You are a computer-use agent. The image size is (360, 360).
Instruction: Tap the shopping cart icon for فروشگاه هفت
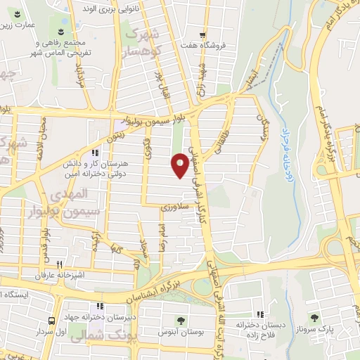pyautogui.click(x=202, y=35)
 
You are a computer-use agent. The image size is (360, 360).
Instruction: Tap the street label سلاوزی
pyautogui.click(x=173, y=207)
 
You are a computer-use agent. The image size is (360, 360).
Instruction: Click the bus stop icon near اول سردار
pyautogui.click(x=51, y=321)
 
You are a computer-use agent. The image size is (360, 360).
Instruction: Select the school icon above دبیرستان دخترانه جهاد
pyautogui.click(x=101, y=307)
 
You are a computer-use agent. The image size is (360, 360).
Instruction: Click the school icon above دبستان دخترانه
pyautogui.click(x=261, y=314)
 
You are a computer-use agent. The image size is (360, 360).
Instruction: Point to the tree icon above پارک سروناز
pyautogui.click(x=314, y=318)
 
